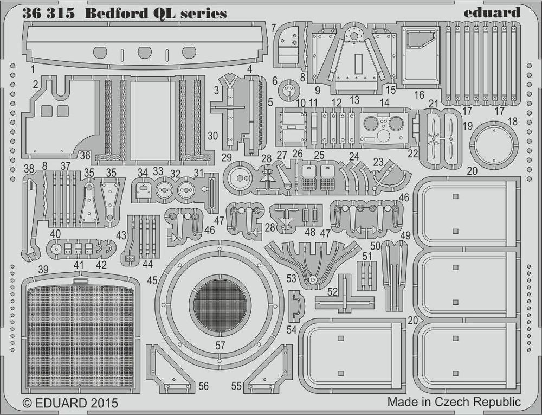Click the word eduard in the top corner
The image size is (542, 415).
click(x=492, y=12)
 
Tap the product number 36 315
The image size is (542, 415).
click(x=48, y=14)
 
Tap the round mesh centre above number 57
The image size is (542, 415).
click(x=220, y=305)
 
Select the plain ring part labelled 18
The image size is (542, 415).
click(x=494, y=145)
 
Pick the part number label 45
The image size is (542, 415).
click(x=152, y=280)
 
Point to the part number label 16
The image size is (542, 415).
click(x=419, y=95)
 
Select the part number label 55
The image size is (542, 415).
click(x=236, y=386)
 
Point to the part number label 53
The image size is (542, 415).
click(x=291, y=279)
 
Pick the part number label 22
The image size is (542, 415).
click(x=413, y=154)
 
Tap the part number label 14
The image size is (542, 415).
click(x=384, y=103)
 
